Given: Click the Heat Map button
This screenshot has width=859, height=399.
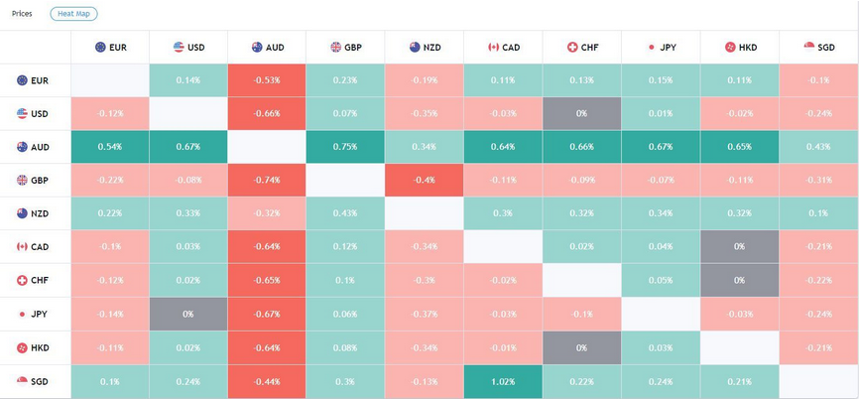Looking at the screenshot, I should tap(73, 14).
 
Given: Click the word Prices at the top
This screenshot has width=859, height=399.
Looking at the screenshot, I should tap(22, 14).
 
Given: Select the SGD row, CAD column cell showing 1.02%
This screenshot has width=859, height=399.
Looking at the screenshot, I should tap(503, 381).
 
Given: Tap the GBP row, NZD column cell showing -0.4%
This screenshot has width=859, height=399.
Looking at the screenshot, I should tap(425, 181).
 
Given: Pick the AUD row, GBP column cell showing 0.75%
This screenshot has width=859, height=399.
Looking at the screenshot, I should tap(345, 147).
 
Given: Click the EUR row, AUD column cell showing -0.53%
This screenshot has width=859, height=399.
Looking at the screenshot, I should tap(267, 80).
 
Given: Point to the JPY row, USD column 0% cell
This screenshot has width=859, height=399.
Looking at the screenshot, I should tap(188, 314).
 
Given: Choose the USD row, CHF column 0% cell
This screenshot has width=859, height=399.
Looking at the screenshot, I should tap(581, 114).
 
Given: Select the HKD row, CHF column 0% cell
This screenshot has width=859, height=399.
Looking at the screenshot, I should tap(581, 347).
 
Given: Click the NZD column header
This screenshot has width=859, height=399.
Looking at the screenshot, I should tap(425, 47).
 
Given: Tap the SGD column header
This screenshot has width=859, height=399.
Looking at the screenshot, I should tap(818, 47).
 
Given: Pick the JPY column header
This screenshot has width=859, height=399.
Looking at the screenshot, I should tap(661, 47).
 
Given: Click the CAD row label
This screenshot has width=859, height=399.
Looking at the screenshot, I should tap(34, 247).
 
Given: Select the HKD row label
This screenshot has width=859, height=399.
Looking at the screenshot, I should tap(34, 347).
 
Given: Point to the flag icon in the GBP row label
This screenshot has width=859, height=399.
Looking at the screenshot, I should tap(22, 181).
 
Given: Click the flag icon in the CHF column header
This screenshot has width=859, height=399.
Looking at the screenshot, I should tap(572, 47).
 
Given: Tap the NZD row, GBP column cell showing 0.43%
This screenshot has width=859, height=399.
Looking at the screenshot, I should tap(345, 213).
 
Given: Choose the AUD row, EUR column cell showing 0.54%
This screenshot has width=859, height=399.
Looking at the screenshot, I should tap(110, 147).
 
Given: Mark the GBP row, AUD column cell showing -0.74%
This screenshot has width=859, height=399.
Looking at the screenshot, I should tap(267, 181).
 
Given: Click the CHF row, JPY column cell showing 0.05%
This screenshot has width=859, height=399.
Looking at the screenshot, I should tap(661, 281).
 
